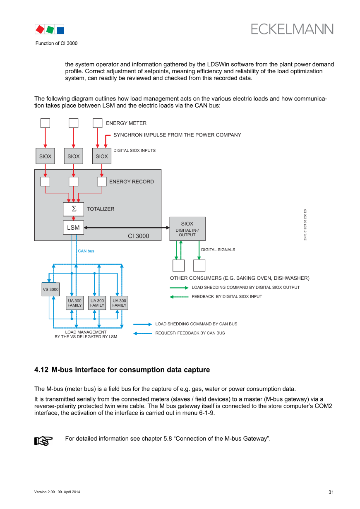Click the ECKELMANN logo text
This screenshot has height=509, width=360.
pyautogui.click(x=292, y=29)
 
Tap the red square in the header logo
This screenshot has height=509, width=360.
pyautogui.click(x=40, y=29)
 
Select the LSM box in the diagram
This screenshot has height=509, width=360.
pyautogui.click(x=73, y=228)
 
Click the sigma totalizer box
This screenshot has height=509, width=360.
pyautogui.click(x=73, y=209)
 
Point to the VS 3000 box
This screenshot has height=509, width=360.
pyautogui.click(x=50, y=289)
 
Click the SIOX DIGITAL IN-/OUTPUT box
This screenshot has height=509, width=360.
pyautogui.click(x=187, y=229)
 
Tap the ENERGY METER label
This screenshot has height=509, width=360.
pyautogui.click(x=126, y=123)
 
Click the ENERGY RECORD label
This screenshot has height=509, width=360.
pyautogui.click(x=131, y=182)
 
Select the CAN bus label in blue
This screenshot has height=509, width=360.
pyautogui.click(x=86, y=251)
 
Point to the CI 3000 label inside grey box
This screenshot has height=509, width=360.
pyautogui.click(x=138, y=236)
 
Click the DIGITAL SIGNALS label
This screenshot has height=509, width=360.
pyautogui.click(x=218, y=250)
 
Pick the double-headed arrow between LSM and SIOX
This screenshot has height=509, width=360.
pyautogui.click(x=127, y=227)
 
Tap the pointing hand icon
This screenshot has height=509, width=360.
pyautogui.click(x=43, y=441)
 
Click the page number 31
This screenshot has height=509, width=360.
pyautogui.click(x=331, y=492)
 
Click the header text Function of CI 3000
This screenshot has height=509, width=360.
pyautogui.click(x=56, y=43)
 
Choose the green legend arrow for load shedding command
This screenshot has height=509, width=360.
pyautogui.click(x=179, y=288)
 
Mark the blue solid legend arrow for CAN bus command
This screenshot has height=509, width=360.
pyautogui.click(x=143, y=324)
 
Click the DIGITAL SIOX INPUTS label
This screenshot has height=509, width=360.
pyautogui.click(x=134, y=151)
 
